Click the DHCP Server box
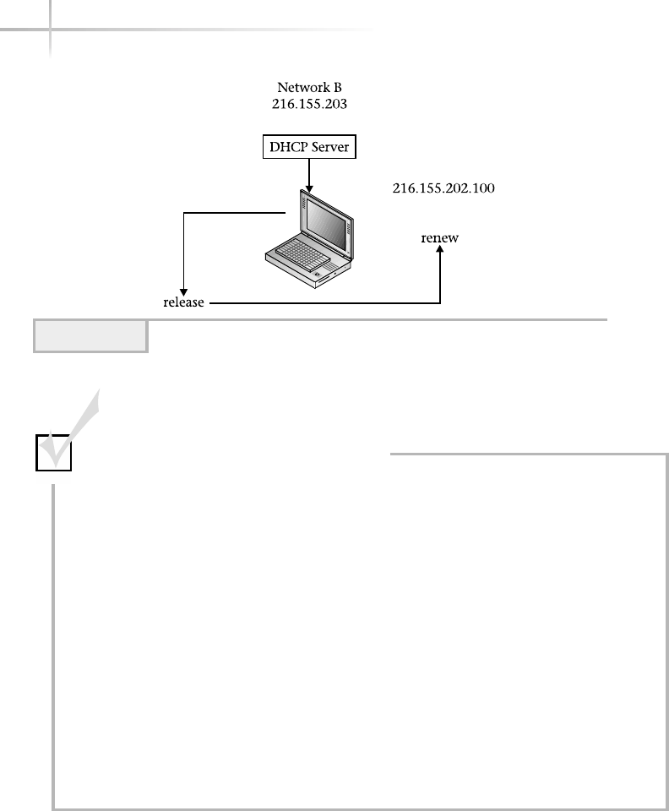coord(309,149)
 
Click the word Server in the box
coord(329,149)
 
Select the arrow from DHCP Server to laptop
coord(310,175)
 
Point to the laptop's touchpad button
coord(318,275)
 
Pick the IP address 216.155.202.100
coord(443,189)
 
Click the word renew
coord(440,238)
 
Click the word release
coord(184,302)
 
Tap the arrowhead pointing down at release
coord(183,289)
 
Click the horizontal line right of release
coord(321,302)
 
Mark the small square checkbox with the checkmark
coord(53,452)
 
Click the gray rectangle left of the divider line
coord(90,335)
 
